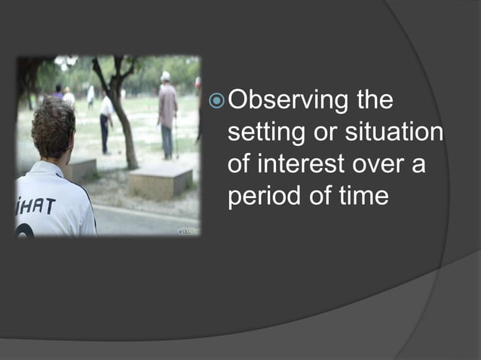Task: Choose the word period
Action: tap(264, 197)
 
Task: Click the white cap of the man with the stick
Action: tap(165, 75)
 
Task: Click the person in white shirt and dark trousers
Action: tap(106, 121)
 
